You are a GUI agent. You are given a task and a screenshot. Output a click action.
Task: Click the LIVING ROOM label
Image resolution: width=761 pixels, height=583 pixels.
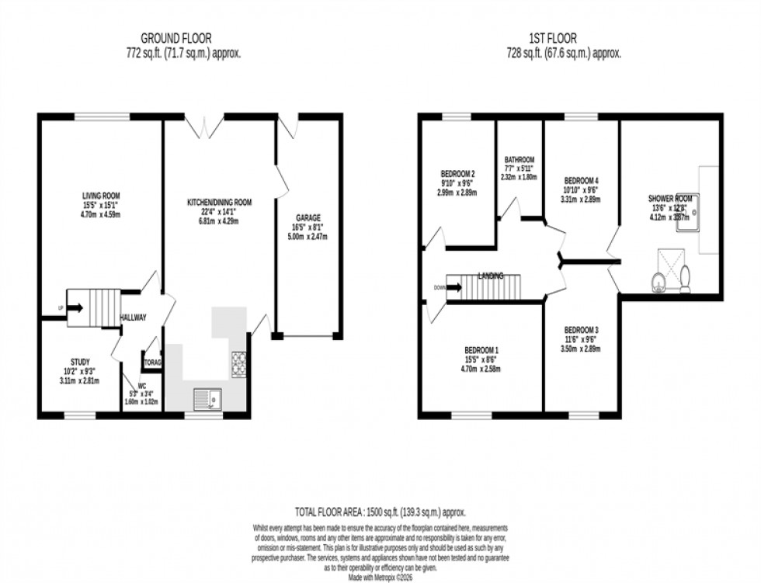[x=101, y=196]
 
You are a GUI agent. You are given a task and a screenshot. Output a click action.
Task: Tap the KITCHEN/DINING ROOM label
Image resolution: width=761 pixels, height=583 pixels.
[x=219, y=203]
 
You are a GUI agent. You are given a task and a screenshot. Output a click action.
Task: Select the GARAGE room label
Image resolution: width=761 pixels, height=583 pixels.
[x=308, y=218]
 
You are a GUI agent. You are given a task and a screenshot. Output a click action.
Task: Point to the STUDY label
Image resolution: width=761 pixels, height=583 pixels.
[x=80, y=362]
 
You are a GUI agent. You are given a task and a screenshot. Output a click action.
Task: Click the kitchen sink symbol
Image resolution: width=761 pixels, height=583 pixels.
[x=207, y=397]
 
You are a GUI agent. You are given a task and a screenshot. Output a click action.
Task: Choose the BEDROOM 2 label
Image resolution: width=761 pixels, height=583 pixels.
[x=457, y=173]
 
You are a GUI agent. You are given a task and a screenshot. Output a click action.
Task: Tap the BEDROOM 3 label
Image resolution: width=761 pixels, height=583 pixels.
[x=581, y=329]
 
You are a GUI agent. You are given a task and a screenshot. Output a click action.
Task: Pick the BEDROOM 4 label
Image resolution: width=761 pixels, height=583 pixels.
[x=582, y=178]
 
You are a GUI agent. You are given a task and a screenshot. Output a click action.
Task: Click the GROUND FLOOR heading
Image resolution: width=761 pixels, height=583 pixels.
[x=175, y=37]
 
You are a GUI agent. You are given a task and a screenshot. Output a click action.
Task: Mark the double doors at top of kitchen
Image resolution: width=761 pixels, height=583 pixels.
[x=203, y=126]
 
